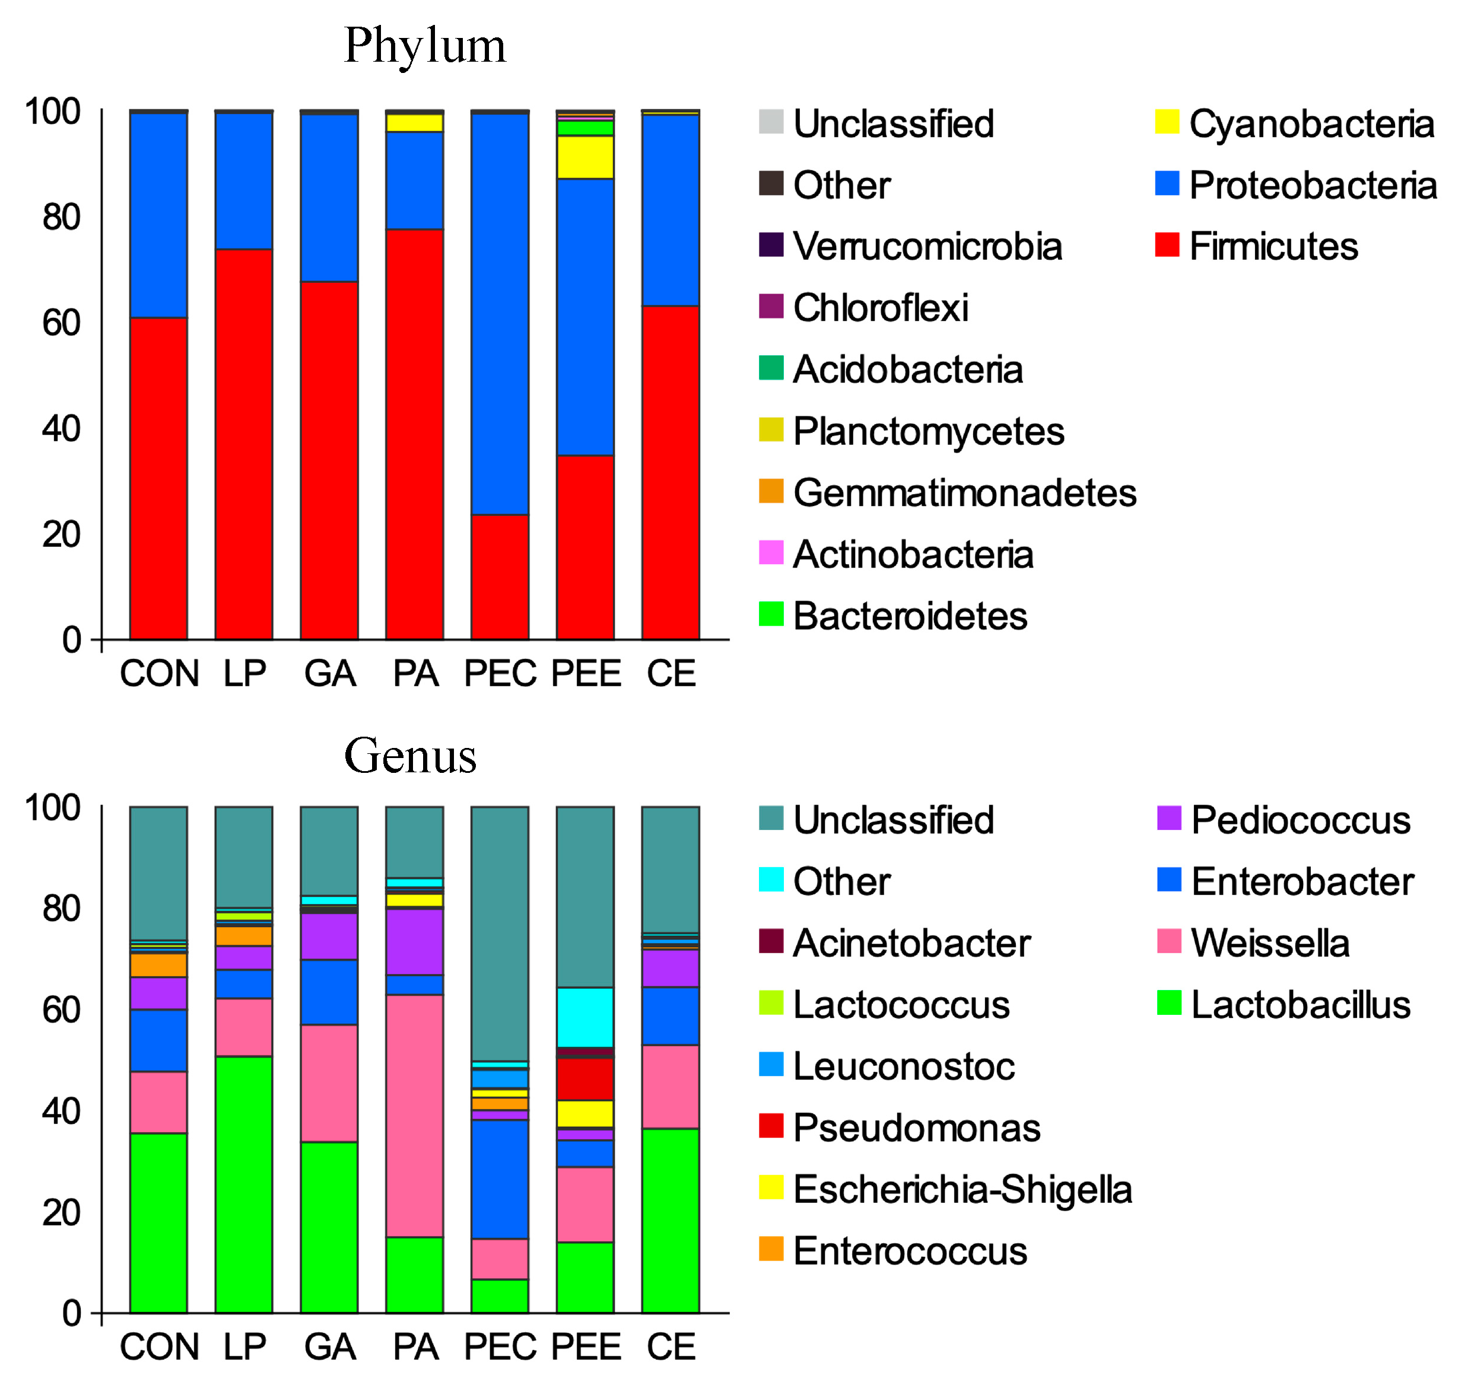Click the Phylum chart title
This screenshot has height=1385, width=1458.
pos(425,46)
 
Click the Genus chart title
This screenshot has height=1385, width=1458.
pos(410,756)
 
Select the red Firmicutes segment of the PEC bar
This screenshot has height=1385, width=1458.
pos(500,577)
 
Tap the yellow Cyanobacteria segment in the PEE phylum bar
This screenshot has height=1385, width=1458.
pos(585,157)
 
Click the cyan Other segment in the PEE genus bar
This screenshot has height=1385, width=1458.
pos(585,1017)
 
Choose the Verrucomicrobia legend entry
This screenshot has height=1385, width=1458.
pos(926,246)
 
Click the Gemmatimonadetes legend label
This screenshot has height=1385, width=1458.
pos(963,492)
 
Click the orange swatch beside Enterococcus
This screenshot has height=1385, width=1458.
pos(770,1249)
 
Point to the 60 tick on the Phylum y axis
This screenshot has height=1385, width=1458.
pos(61,323)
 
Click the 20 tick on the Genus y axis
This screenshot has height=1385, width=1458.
pos(61,1212)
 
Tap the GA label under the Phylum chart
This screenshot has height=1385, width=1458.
pos(329,673)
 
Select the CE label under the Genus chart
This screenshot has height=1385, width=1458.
pos(671,1346)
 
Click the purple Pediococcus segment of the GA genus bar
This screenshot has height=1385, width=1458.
pos(329,937)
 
